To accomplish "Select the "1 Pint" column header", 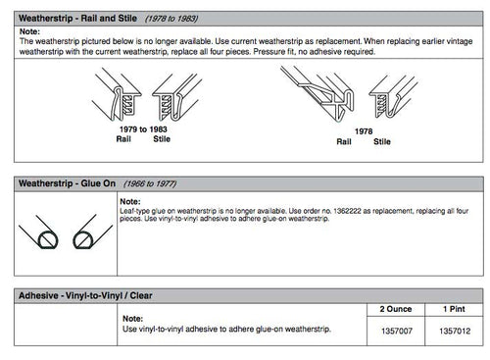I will click(454, 308).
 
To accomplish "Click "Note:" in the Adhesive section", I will click(134, 319).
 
